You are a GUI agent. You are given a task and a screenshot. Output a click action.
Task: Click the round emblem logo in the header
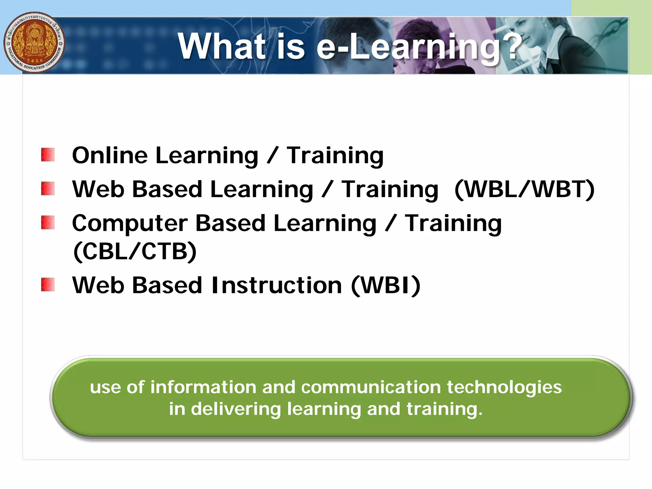(x=34, y=43)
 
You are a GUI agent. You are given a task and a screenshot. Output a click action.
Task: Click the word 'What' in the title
(x=222, y=46)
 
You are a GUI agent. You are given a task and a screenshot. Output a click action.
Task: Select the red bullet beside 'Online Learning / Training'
(x=48, y=155)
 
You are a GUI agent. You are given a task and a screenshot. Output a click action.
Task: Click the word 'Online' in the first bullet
(x=110, y=155)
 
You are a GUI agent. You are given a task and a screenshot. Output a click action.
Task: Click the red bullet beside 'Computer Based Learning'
(x=48, y=223)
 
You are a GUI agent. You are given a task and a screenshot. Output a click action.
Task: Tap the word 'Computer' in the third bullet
(x=130, y=223)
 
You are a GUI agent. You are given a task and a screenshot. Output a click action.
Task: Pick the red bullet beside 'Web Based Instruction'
(x=48, y=285)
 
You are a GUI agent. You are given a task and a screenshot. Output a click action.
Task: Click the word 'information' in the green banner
(x=203, y=387)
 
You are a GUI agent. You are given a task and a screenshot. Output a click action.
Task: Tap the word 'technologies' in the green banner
(x=504, y=387)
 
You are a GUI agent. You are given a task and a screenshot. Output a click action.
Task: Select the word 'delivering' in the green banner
(x=236, y=409)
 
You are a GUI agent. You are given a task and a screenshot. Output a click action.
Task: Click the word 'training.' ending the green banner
(x=444, y=409)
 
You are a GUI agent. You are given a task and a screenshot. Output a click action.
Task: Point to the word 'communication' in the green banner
(x=371, y=387)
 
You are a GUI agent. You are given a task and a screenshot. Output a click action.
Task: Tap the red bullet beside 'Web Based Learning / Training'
(x=48, y=188)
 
